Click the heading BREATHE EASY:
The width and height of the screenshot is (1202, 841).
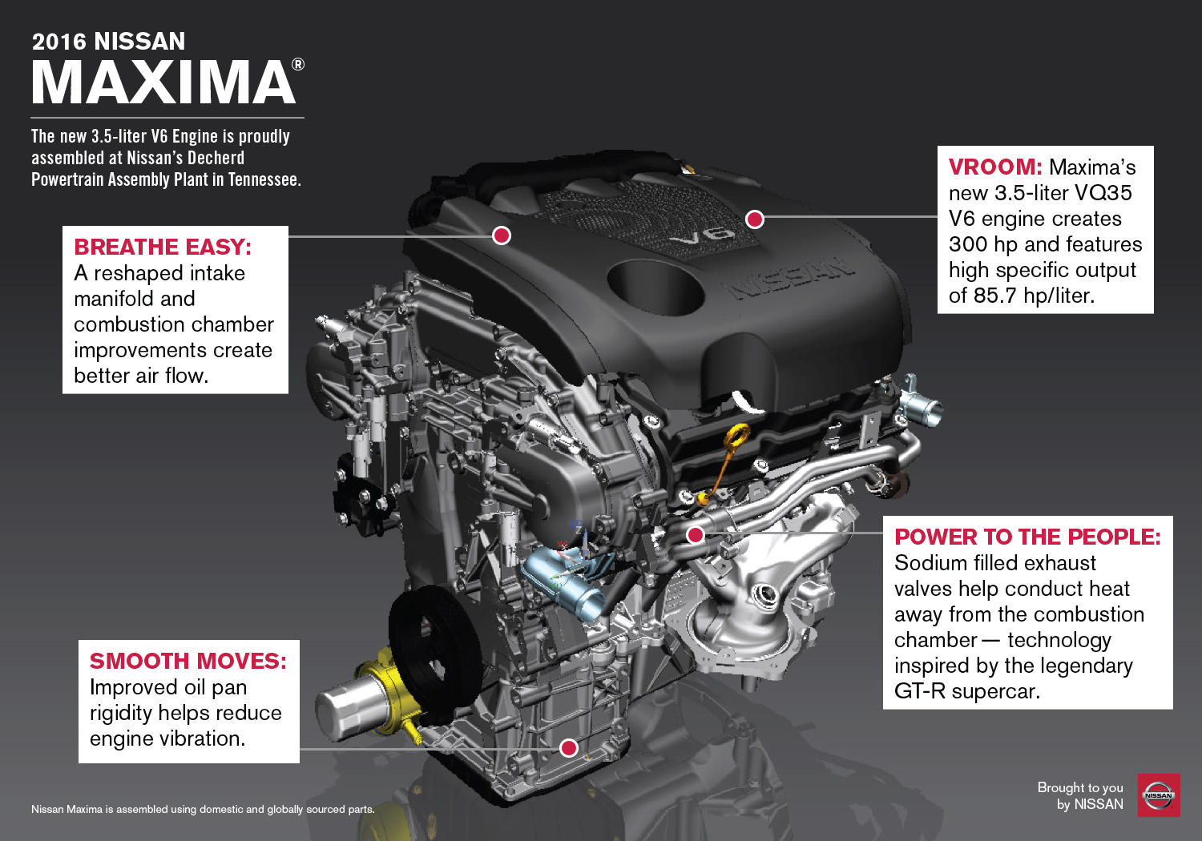163,247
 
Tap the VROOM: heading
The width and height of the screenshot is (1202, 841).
995,167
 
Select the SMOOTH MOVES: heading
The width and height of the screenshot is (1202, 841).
188,662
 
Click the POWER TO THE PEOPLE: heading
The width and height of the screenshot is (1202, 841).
1027,537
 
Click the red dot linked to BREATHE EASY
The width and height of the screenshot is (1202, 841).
502,235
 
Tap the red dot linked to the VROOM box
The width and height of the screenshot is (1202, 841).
755,219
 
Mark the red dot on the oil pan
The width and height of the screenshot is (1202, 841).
568,747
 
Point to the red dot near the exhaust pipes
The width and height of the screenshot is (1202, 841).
696,534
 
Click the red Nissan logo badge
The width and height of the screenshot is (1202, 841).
1159,795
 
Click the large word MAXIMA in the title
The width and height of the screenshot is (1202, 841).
163,82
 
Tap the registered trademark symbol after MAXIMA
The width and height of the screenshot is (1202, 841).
298,64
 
